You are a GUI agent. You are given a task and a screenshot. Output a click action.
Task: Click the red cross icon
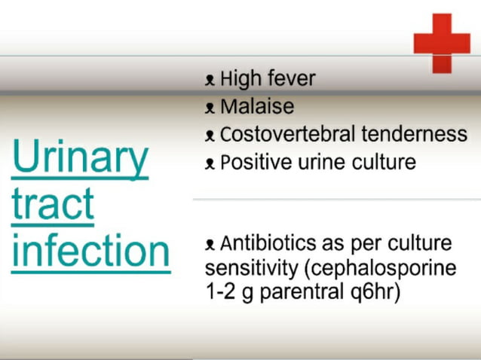442,42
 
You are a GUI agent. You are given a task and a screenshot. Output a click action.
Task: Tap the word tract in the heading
53,203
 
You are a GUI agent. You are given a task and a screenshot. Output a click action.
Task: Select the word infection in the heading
90,250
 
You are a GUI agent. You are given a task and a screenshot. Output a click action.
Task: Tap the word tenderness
414,135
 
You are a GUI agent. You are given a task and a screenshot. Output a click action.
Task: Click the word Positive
258,163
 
